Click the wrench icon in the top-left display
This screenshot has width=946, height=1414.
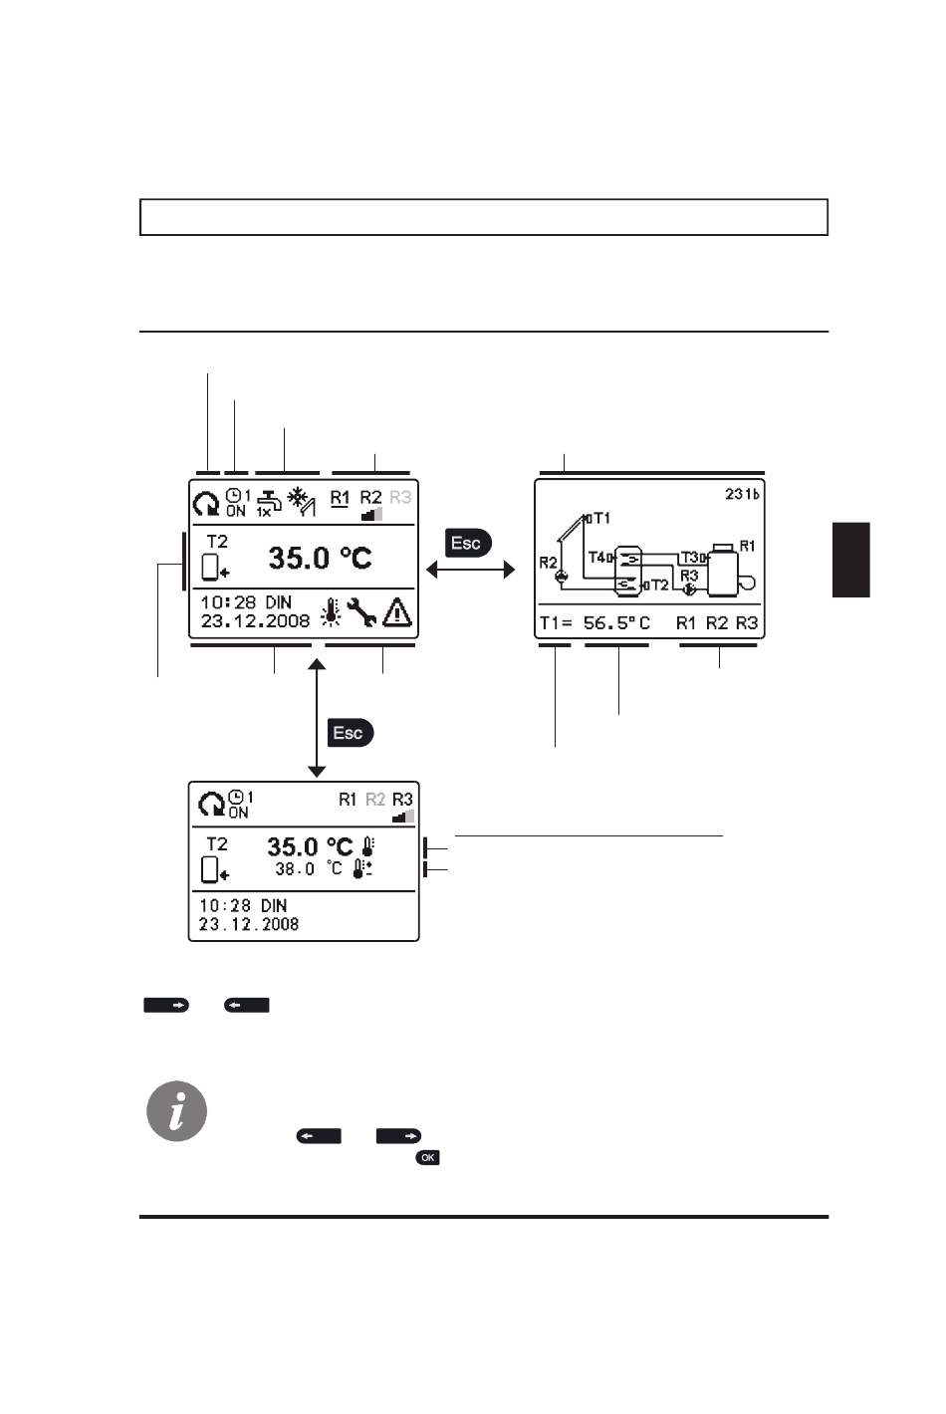[361, 612]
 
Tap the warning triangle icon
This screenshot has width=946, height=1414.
[397, 611]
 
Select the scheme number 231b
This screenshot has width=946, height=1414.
[742, 494]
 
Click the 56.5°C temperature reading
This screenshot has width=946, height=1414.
[616, 623]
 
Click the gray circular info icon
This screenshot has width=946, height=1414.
[177, 1111]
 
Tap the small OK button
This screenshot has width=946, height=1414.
[428, 1158]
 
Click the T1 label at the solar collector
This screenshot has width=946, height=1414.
[601, 518]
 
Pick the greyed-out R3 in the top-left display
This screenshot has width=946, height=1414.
[400, 497]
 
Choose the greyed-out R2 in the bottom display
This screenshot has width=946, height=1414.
[374, 799]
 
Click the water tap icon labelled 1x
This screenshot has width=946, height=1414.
[267, 503]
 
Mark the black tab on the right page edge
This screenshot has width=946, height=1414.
[850, 560]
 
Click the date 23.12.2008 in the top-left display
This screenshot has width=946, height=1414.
[255, 621]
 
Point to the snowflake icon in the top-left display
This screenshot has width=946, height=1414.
[297, 497]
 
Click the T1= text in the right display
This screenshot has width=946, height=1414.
[556, 623]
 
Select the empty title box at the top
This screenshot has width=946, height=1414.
[484, 217]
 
